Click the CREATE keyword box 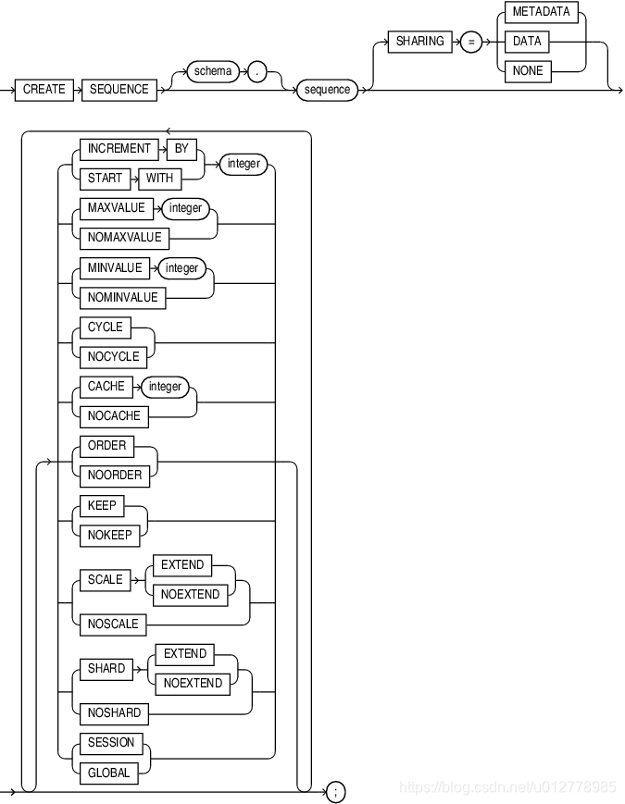click(44, 90)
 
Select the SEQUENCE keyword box click(119, 90)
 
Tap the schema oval click(213, 71)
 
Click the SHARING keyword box click(419, 42)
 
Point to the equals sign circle click(469, 42)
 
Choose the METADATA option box click(542, 12)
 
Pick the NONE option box click(528, 71)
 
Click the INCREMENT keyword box click(119, 149)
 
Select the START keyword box click(105, 179)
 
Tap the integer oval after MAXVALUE click(185, 208)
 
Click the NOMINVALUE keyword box click(122, 298)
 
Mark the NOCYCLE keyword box click(113, 357)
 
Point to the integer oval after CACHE click(166, 387)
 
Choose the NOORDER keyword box click(115, 476)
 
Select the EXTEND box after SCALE click(182, 564)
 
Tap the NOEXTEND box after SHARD click(193, 684)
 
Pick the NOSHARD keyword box click(115, 713)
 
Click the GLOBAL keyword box click(109, 773)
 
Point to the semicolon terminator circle click(336, 791)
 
